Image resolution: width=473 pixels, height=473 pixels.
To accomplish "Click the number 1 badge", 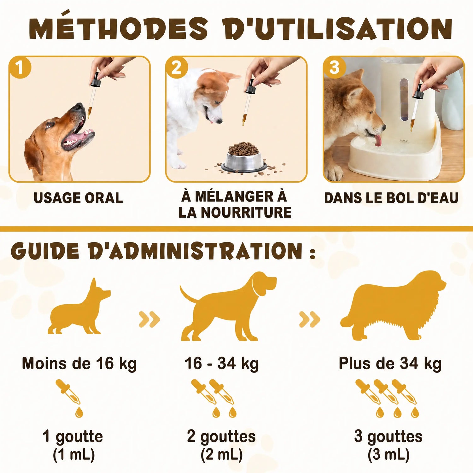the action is coord(20,67).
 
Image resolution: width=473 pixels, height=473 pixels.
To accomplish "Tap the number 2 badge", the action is coord(177,67).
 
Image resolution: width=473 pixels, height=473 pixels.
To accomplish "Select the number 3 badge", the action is coord(334,67).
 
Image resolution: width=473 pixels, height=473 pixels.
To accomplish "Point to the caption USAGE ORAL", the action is coord(78,198).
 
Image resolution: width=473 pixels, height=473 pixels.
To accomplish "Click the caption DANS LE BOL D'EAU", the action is coord(391,198).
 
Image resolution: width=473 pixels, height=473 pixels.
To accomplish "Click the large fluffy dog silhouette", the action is coord(393,306).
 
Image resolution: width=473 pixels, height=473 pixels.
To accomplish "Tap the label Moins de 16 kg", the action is coord(79,364).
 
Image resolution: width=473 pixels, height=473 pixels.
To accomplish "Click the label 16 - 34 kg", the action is coord(222,364).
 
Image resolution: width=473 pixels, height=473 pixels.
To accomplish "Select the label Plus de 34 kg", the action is coord(390,364).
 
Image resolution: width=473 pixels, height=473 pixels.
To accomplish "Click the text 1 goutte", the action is coord(73,437).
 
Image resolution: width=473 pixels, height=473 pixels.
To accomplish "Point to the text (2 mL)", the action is coord(221,455).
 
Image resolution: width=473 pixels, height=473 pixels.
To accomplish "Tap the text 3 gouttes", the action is coord(388,437).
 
